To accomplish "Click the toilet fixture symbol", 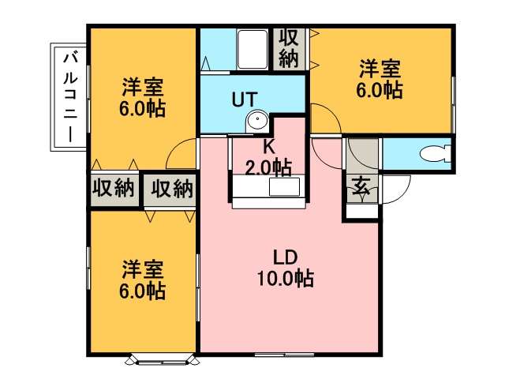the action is click(436, 154).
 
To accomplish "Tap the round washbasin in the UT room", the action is click(257, 121).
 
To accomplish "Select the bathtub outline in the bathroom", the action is click(252, 49).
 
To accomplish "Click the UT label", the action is click(245, 99).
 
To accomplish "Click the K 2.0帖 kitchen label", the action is click(268, 158).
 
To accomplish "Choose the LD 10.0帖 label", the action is click(286, 268).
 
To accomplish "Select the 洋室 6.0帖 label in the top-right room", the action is click(380, 78).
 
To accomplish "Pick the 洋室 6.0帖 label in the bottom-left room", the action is click(142, 280).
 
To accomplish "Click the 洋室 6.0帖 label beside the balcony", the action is click(142, 97).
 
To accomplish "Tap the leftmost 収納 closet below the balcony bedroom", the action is click(113, 188).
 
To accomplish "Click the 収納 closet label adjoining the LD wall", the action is click(172, 188).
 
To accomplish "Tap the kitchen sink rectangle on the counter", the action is click(284, 187).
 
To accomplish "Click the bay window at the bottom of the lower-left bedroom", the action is click(163, 360).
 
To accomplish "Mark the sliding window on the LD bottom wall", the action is click(285, 355).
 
